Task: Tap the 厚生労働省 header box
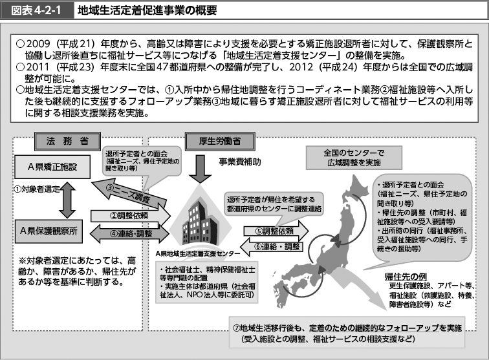[213, 140]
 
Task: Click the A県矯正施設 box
[52, 167]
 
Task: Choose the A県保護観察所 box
[52, 229]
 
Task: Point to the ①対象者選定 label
[32, 189]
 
